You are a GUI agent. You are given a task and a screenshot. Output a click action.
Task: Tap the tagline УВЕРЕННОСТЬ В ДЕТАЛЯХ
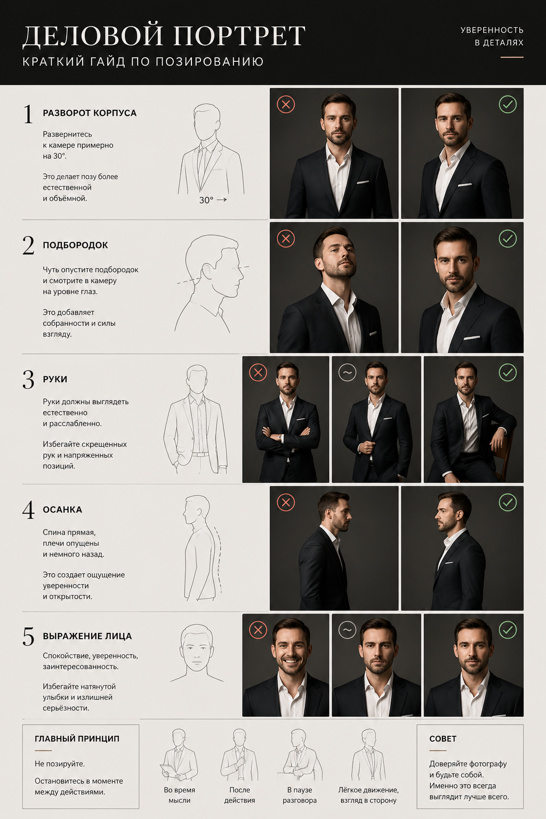click(x=492, y=36)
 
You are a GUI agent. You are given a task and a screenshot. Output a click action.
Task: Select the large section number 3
click(x=28, y=380)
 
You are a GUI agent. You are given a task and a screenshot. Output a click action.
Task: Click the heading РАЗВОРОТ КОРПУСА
click(x=90, y=113)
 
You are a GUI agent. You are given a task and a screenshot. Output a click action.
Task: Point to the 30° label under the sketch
click(x=206, y=200)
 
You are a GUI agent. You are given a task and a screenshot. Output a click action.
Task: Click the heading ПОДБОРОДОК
click(x=75, y=245)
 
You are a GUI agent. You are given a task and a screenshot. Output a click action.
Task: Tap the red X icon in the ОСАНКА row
click(x=286, y=502)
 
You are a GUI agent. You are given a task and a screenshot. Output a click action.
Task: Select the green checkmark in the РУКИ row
click(x=508, y=373)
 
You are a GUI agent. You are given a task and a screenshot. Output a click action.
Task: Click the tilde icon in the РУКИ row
click(x=348, y=373)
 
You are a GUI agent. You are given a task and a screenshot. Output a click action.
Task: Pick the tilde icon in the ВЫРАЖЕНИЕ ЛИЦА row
click(x=348, y=630)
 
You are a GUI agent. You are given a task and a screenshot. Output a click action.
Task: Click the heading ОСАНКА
click(x=62, y=510)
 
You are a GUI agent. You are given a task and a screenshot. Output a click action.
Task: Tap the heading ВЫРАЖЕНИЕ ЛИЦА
click(x=87, y=636)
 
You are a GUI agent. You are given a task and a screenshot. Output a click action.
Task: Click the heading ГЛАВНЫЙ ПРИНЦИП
click(x=77, y=738)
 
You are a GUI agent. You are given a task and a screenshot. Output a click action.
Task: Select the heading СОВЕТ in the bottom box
click(x=443, y=738)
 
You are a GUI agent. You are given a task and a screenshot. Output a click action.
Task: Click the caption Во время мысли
click(x=179, y=795)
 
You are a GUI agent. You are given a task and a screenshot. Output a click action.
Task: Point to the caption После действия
click(x=239, y=795)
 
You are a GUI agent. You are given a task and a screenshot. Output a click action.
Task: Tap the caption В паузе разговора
click(x=300, y=795)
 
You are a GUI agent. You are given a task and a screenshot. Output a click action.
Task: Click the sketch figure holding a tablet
click(x=179, y=754)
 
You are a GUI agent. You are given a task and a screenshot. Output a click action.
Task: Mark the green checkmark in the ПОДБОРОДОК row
click(x=508, y=239)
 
